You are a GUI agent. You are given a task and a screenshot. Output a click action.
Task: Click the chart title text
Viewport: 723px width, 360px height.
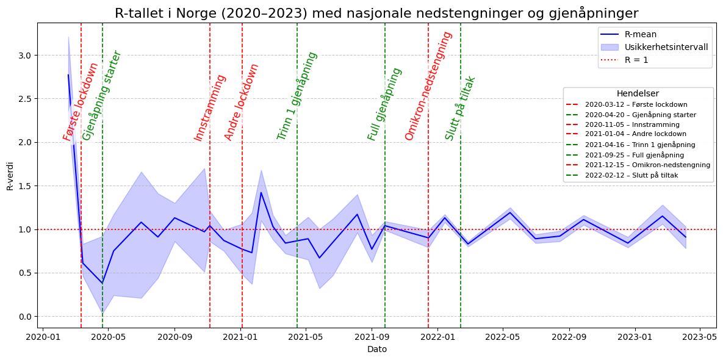click(376, 13)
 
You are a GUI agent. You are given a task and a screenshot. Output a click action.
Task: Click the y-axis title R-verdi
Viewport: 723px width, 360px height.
click(10, 176)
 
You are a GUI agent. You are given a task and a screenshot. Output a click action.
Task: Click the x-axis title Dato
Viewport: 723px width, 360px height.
click(376, 350)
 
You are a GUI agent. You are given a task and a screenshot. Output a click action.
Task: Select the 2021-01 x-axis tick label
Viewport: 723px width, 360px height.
click(240, 336)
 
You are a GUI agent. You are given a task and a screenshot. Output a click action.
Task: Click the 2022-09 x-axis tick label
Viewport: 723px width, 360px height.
click(569, 336)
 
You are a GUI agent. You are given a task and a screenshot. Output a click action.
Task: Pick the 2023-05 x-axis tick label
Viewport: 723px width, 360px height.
click(699, 336)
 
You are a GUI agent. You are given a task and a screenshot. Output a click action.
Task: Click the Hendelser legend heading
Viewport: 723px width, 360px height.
click(638, 94)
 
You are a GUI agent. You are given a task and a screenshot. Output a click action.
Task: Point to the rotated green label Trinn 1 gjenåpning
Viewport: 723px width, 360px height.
click(297, 96)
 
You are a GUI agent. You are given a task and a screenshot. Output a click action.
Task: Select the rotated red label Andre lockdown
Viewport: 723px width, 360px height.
click(242, 102)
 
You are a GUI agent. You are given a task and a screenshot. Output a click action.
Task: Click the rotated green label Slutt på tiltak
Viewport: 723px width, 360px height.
click(460, 108)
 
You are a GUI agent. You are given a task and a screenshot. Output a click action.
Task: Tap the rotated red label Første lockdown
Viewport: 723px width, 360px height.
click(81, 101)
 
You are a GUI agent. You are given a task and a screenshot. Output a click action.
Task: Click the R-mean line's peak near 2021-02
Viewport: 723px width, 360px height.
click(261, 193)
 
